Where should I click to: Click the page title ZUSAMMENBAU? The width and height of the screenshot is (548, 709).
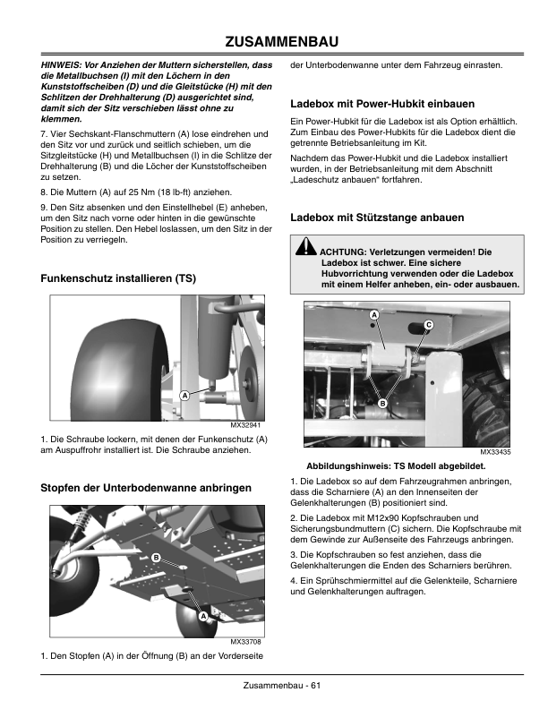click(282, 41)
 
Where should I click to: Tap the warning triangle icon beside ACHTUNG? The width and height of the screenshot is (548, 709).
click(306, 246)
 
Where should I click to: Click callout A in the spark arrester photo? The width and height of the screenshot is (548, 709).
click(184, 396)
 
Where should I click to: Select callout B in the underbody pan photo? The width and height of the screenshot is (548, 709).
click(156, 558)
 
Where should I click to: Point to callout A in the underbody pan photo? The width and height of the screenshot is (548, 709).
click(203, 616)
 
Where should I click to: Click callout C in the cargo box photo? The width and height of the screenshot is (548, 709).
click(429, 325)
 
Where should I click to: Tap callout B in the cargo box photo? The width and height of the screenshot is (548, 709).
click(382, 404)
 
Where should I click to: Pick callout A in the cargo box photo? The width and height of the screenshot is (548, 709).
click(374, 315)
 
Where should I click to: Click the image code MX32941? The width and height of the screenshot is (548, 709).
click(245, 425)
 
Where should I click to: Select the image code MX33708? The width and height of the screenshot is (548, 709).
click(245, 642)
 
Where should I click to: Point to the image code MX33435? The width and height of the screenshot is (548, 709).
click(495, 452)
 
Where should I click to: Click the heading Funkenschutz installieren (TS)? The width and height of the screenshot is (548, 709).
click(118, 278)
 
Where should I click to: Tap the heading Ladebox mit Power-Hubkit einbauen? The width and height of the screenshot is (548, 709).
click(382, 104)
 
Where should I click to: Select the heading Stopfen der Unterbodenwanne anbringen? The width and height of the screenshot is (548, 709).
click(146, 489)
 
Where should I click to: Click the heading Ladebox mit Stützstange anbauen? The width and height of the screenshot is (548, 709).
click(377, 218)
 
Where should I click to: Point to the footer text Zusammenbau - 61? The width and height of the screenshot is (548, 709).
click(282, 686)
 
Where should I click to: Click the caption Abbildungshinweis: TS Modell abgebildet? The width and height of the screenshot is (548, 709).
click(396, 466)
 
